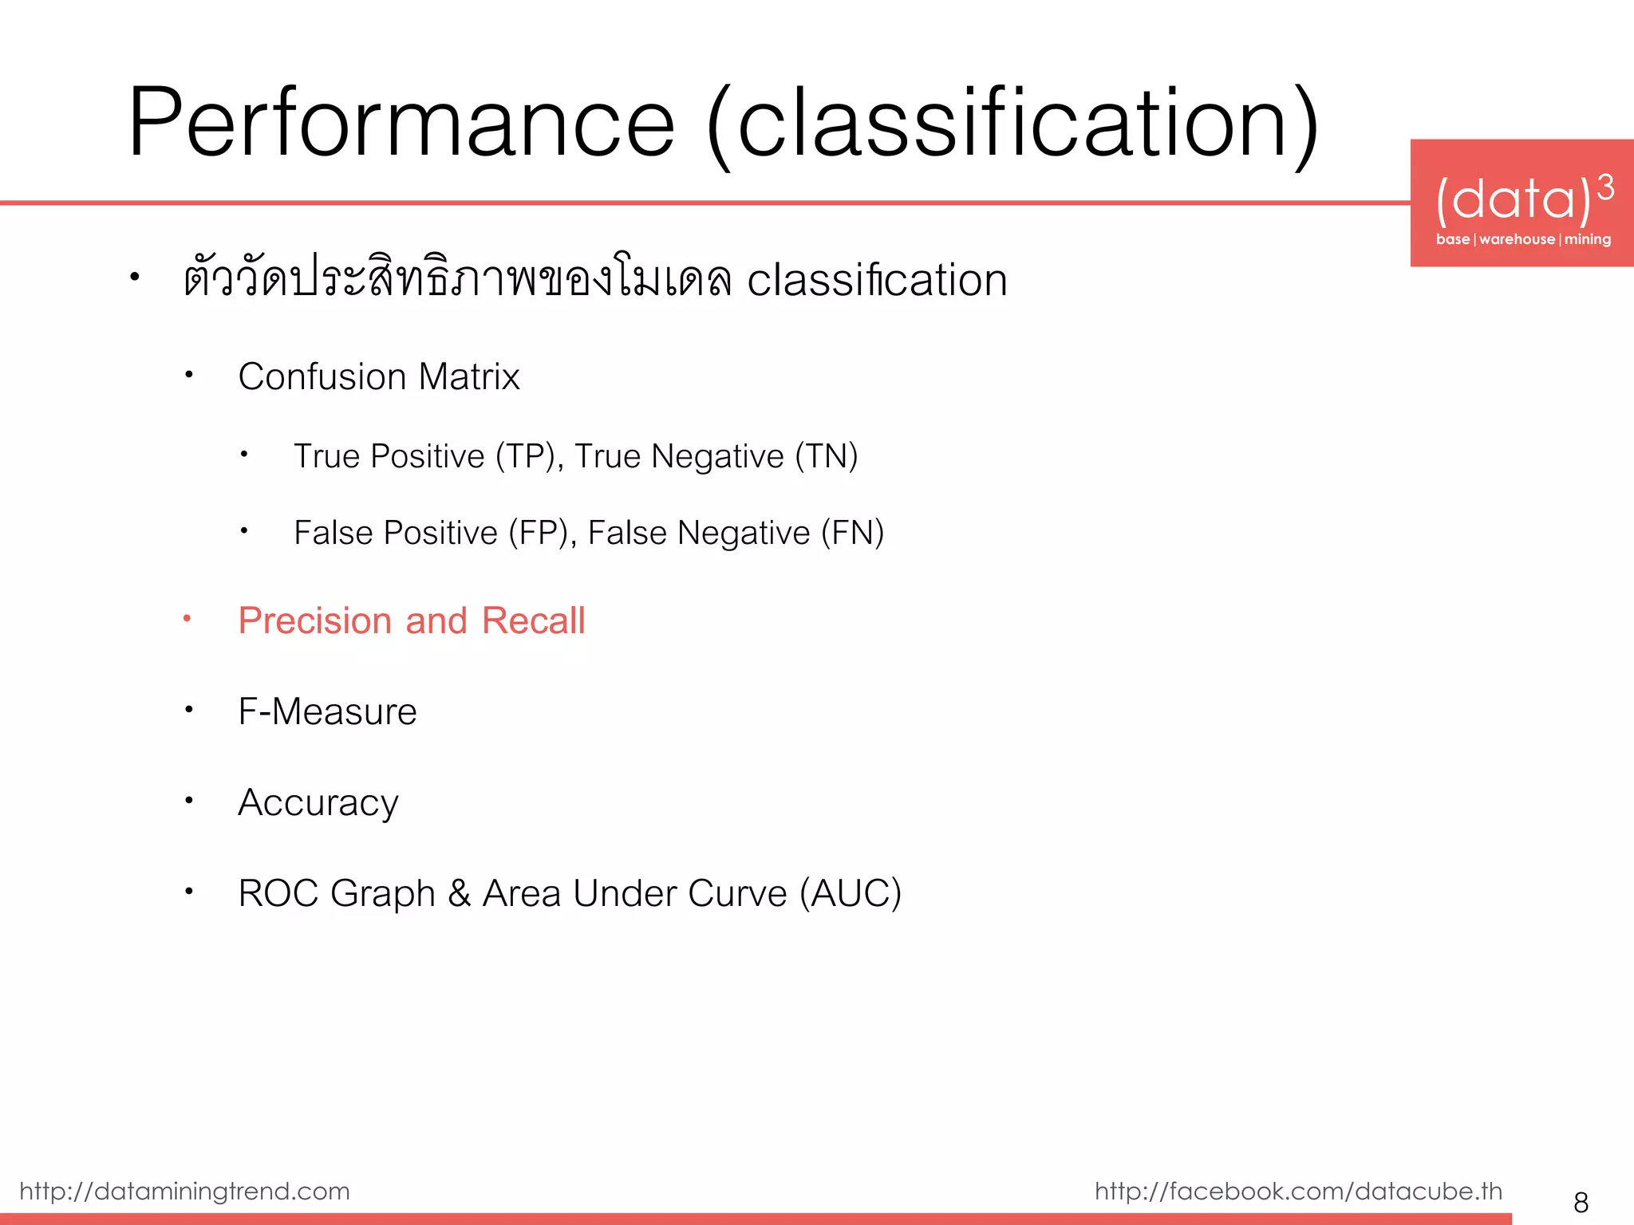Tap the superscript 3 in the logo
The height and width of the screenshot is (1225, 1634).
coord(1605,188)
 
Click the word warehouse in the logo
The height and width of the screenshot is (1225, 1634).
coord(1517,239)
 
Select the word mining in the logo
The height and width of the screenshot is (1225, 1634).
coord(1587,239)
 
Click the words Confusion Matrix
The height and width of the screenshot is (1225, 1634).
coord(378,376)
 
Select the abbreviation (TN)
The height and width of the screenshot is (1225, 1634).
coord(826,456)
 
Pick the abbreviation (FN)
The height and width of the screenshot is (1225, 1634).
coord(852,533)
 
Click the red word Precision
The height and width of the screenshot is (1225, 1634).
coord(314,620)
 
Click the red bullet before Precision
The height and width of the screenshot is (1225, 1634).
coord(187,618)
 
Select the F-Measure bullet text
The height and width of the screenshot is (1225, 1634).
coord(327,711)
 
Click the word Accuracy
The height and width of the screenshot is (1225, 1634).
coord(318,802)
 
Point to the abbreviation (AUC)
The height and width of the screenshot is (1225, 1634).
coord(851,893)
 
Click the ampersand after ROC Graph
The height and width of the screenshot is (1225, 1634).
coord(459,893)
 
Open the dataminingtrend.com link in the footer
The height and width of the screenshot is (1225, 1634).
coord(184,1191)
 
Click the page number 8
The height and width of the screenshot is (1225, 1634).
coord(1581,1202)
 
